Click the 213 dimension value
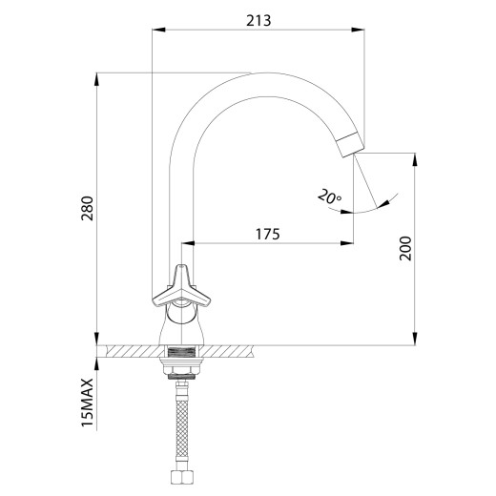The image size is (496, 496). point(258,21)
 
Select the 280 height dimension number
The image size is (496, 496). point(88,209)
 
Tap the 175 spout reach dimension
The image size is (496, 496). point(268,235)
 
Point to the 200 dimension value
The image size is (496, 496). point(405,249)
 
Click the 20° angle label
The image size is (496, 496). point(329,196)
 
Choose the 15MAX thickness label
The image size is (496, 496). point(88,403)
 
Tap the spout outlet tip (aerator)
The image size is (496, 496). point(350,146)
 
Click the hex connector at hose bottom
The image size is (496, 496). point(181,478)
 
